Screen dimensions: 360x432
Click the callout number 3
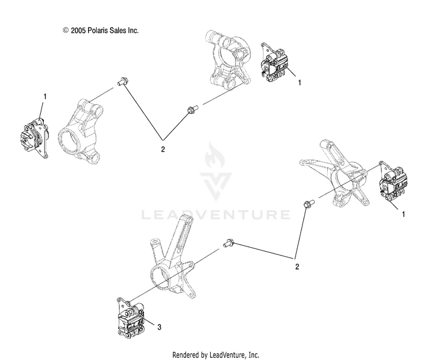click(x=160, y=327)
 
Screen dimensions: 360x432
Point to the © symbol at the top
click(x=66, y=30)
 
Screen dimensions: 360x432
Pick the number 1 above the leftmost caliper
click(x=45, y=96)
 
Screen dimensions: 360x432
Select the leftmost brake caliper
click(x=33, y=136)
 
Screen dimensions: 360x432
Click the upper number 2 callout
click(x=163, y=149)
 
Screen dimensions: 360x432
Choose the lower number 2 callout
click(x=297, y=267)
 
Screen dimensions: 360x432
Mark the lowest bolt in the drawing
click(x=228, y=244)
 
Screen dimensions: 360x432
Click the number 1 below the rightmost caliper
click(x=403, y=214)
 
